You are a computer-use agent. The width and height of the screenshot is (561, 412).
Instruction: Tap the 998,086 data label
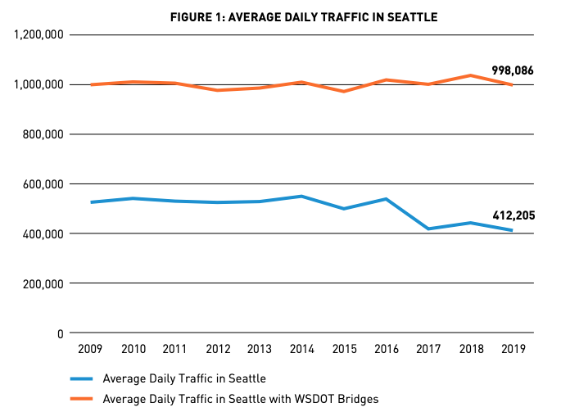[513, 71]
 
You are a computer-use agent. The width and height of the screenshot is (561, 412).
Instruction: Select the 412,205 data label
[513, 216]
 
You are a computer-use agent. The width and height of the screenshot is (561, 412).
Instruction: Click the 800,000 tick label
[39, 134]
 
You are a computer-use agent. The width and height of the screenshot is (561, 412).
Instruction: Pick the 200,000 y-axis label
[39, 283]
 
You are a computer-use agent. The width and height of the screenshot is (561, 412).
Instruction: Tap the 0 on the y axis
[61, 333]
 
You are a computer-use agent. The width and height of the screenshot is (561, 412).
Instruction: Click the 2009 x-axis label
[90, 350]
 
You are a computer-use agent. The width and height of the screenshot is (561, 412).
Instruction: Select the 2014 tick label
[301, 350]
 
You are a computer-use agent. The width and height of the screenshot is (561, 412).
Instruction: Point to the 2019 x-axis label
[513, 350]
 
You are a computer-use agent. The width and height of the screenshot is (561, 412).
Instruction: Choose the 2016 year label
[386, 350]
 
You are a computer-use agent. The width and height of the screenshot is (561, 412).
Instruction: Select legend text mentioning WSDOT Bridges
[241, 399]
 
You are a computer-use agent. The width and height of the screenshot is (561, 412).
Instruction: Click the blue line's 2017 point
[428, 229]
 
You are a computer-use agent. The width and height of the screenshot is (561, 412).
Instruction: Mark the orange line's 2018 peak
[471, 75]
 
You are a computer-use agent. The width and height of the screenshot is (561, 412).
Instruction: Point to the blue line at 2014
[301, 197]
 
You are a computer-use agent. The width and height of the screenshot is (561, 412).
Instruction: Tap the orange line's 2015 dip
[344, 91]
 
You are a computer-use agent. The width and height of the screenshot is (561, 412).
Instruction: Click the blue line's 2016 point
[386, 199]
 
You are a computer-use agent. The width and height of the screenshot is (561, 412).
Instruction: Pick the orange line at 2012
[217, 90]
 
